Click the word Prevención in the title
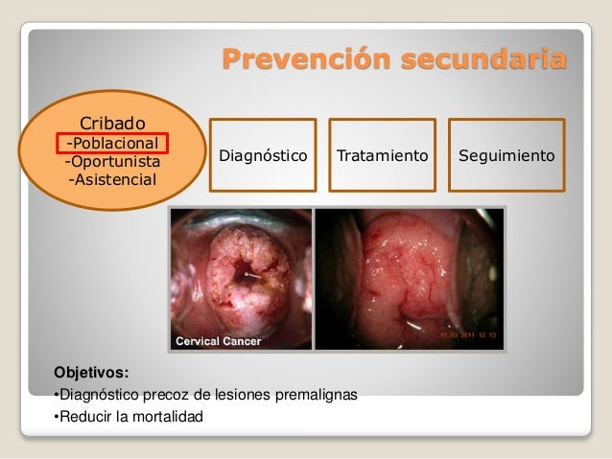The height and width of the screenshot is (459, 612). (x=307, y=58)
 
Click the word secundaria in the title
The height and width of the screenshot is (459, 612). (x=484, y=58)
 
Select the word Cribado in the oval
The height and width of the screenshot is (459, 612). (x=112, y=124)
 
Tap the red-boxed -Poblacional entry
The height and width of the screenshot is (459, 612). (x=112, y=143)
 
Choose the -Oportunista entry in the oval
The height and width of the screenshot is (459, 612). (x=112, y=161)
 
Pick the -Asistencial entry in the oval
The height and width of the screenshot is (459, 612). (x=112, y=180)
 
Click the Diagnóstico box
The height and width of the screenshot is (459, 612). (x=263, y=155)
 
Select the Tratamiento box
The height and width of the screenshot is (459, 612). (x=382, y=155)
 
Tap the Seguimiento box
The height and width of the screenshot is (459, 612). (x=506, y=155)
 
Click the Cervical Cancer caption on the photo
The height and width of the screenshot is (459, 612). (x=218, y=341)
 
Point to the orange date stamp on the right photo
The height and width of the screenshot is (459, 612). (x=468, y=335)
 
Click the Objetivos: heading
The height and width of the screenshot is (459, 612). (x=91, y=373)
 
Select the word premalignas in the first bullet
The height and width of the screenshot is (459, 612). (x=317, y=395)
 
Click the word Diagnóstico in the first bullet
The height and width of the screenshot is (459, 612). (x=99, y=395)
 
